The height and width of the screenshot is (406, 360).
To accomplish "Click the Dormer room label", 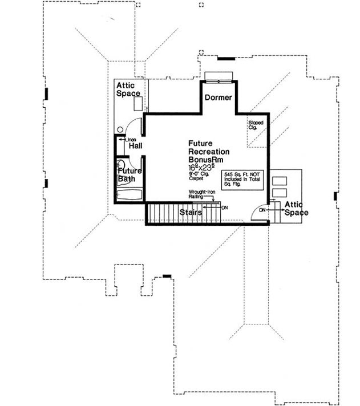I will pos(218,98).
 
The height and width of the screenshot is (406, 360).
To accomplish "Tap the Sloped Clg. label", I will pos(253,125).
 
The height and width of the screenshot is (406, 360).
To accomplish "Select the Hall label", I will pos(135,147).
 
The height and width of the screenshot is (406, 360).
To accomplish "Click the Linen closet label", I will pos(130,139).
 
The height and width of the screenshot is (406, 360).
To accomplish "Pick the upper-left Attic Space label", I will pos(129,90).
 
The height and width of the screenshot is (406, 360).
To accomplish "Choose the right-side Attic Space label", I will pos(297,209).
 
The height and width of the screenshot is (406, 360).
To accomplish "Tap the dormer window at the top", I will pos(218,76).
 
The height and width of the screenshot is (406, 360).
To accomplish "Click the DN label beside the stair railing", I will pos(225,207).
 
